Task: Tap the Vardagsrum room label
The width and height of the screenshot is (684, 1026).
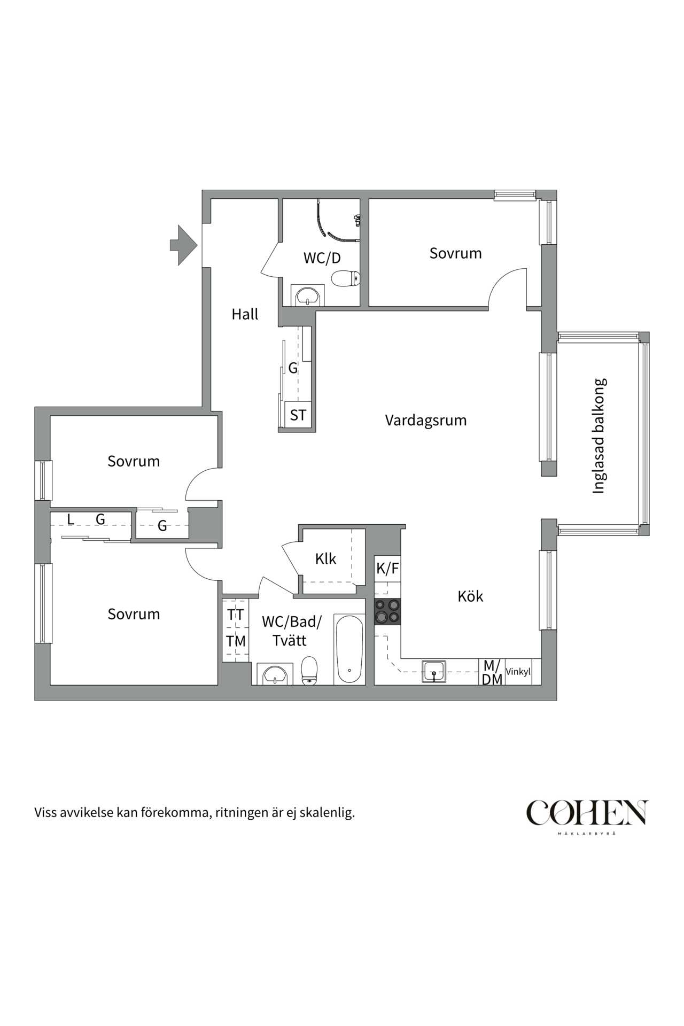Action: [x=426, y=421]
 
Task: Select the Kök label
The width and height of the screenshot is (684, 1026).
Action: [x=470, y=596]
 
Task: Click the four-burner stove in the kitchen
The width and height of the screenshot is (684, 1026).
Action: [x=387, y=611]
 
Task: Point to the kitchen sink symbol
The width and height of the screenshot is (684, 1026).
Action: [x=434, y=672]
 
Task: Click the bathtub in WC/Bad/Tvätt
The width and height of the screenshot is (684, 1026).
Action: [x=349, y=649]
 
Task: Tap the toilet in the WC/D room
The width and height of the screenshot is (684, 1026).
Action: [x=346, y=278]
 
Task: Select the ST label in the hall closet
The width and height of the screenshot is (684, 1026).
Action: [x=298, y=415]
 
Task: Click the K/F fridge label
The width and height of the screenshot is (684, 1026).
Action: [x=387, y=569]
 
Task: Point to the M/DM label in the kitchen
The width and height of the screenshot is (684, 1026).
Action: [x=492, y=672]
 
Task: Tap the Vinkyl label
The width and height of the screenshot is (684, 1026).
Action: [x=518, y=672]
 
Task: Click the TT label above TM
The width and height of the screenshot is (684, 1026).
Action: [x=236, y=615]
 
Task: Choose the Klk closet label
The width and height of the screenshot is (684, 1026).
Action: [x=325, y=559]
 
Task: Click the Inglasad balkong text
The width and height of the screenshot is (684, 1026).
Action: [x=600, y=436]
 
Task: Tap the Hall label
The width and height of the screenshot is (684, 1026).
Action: [x=245, y=314]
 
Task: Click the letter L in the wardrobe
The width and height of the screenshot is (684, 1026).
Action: [x=70, y=519]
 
